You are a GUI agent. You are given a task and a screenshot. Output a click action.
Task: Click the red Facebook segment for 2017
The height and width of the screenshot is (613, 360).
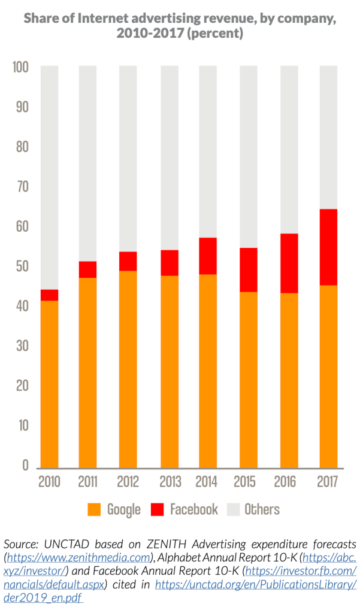point(328,247)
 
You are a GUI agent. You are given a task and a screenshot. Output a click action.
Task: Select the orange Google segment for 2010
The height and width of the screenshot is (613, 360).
point(49,384)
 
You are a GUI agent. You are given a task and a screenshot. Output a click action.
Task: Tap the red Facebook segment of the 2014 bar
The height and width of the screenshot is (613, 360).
point(208,256)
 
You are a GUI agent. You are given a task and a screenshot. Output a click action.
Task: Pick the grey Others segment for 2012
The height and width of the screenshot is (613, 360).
point(128,159)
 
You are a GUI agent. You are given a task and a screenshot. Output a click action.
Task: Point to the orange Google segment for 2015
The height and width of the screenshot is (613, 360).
point(249,380)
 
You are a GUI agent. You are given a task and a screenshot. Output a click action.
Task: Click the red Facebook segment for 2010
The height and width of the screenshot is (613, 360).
point(49,295)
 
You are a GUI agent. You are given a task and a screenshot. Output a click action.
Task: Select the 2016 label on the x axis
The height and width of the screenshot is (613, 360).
point(288,481)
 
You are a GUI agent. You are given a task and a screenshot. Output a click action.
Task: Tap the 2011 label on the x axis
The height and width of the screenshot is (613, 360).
point(87,481)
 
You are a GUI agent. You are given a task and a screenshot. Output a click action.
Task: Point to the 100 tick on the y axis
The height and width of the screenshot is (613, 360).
point(20,68)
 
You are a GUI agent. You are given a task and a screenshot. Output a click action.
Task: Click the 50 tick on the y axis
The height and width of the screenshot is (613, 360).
point(20,266)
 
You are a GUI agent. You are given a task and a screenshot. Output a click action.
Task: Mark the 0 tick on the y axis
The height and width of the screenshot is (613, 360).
point(25,465)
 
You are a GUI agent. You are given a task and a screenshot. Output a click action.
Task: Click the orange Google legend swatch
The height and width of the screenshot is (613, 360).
point(94,509)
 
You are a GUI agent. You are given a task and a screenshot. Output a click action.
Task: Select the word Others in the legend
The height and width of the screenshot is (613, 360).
point(262,509)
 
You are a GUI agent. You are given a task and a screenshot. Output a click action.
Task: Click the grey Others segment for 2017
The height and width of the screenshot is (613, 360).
point(328,138)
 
